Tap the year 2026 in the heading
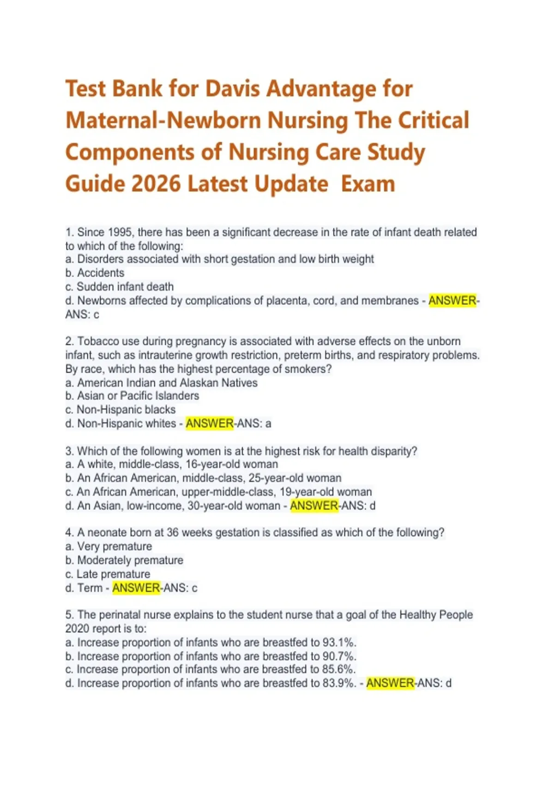[156, 184]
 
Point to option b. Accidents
[95, 273]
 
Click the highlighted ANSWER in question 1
[452, 301]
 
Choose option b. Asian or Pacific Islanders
[132, 396]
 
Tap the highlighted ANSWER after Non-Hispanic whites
[210, 423]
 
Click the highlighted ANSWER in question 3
[314, 506]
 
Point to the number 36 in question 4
[173, 532]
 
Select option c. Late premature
[108, 574]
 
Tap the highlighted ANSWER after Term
[136, 588]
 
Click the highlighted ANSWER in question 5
[390, 683]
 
